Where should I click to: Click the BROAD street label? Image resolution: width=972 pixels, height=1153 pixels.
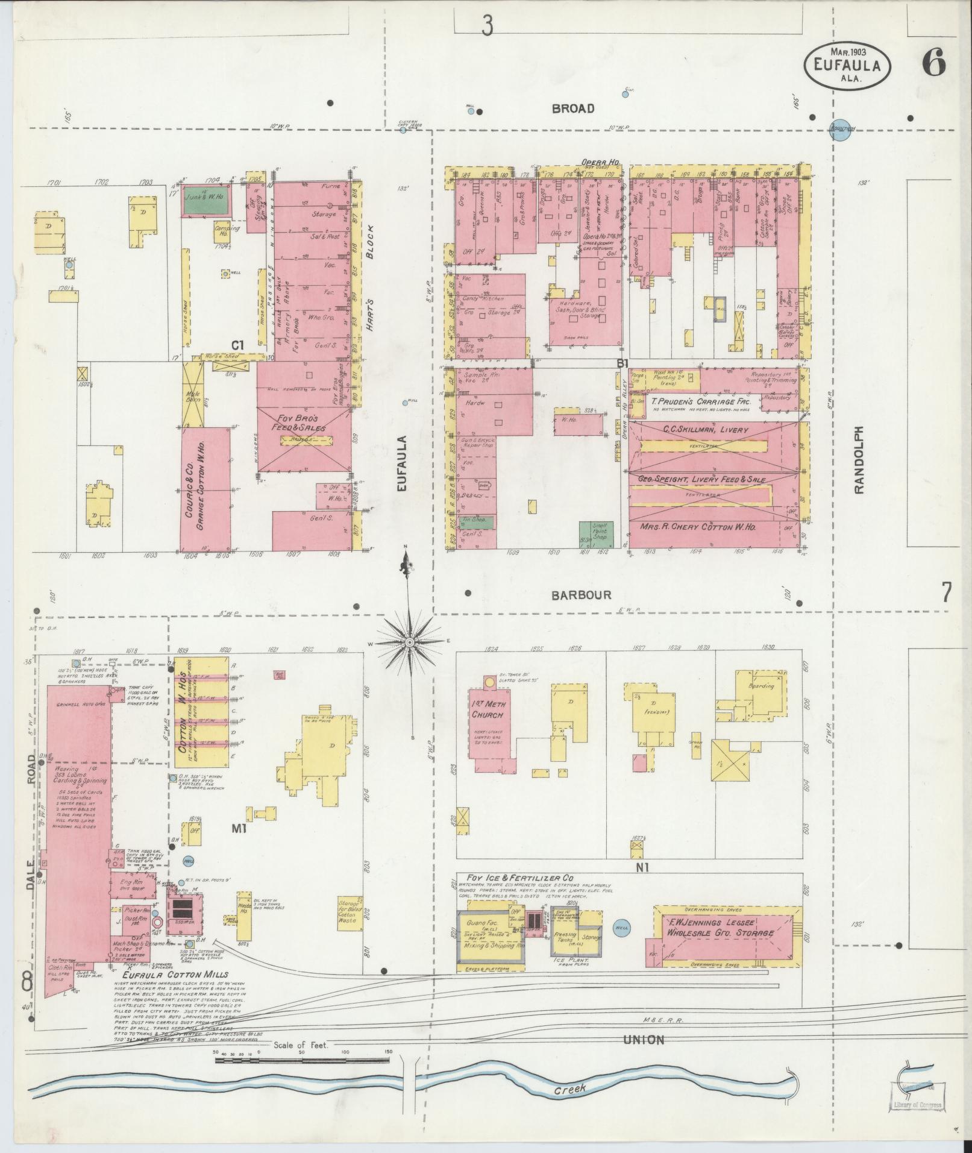(572, 109)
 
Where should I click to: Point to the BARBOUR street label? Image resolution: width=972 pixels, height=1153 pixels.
(582, 595)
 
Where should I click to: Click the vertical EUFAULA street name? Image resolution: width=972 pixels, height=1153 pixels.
(403, 461)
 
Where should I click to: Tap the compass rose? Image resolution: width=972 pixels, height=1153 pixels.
(410, 642)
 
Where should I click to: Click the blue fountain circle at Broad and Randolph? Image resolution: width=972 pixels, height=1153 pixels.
(841, 131)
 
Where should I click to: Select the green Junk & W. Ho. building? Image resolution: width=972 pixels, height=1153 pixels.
(206, 201)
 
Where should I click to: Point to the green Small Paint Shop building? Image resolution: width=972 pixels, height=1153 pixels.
(596, 533)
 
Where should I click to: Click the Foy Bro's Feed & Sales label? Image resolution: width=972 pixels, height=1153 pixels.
(301, 423)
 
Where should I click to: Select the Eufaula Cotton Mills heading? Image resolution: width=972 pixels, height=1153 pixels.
(175, 974)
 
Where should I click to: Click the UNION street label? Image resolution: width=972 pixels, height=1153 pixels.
(644, 1039)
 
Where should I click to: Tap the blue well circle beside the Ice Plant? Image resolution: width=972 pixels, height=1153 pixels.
(621, 928)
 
